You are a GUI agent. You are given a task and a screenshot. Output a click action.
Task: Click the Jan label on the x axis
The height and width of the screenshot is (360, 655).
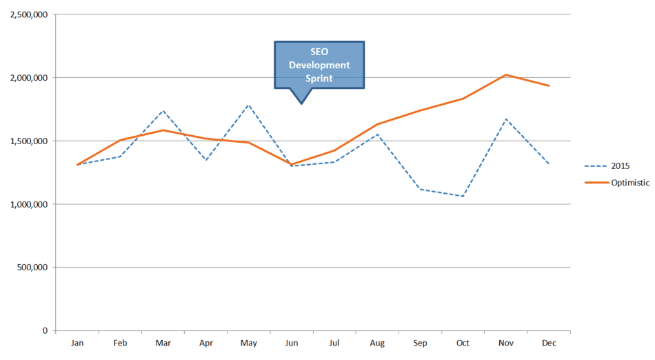click(77, 343)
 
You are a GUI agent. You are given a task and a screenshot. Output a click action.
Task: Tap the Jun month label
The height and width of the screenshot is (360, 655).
click(292, 343)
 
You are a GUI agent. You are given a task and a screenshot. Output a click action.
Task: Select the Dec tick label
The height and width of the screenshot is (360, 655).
click(550, 343)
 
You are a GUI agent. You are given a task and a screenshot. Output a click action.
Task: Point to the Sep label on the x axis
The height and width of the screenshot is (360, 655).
click(421, 343)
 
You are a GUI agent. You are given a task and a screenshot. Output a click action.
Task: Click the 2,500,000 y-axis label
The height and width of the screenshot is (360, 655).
click(29, 14)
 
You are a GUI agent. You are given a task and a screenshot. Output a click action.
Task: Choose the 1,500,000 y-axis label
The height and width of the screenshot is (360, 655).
click(29, 141)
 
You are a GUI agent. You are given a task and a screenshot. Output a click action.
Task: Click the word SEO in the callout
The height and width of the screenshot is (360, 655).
click(319, 52)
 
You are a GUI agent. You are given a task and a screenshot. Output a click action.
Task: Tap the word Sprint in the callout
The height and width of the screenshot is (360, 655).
click(319, 78)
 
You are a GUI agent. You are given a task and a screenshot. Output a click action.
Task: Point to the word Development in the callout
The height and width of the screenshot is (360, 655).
click(319, 66)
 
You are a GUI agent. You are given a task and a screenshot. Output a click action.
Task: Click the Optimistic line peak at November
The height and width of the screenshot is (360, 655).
click(506, 74)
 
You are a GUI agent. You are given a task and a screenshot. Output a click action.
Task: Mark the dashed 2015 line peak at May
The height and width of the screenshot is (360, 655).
click(248, 105)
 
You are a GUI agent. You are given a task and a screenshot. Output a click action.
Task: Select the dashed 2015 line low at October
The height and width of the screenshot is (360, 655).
click(463, 197)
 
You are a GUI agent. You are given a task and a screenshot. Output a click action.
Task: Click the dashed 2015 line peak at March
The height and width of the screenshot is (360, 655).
click(163, 110)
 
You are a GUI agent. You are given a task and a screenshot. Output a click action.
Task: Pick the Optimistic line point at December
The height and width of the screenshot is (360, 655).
click(550, 86)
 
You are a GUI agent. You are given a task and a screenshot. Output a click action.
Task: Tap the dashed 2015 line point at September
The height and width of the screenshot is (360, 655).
click(421, 189)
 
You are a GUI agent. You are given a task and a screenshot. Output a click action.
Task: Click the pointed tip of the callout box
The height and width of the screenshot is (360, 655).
click(301, 103)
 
